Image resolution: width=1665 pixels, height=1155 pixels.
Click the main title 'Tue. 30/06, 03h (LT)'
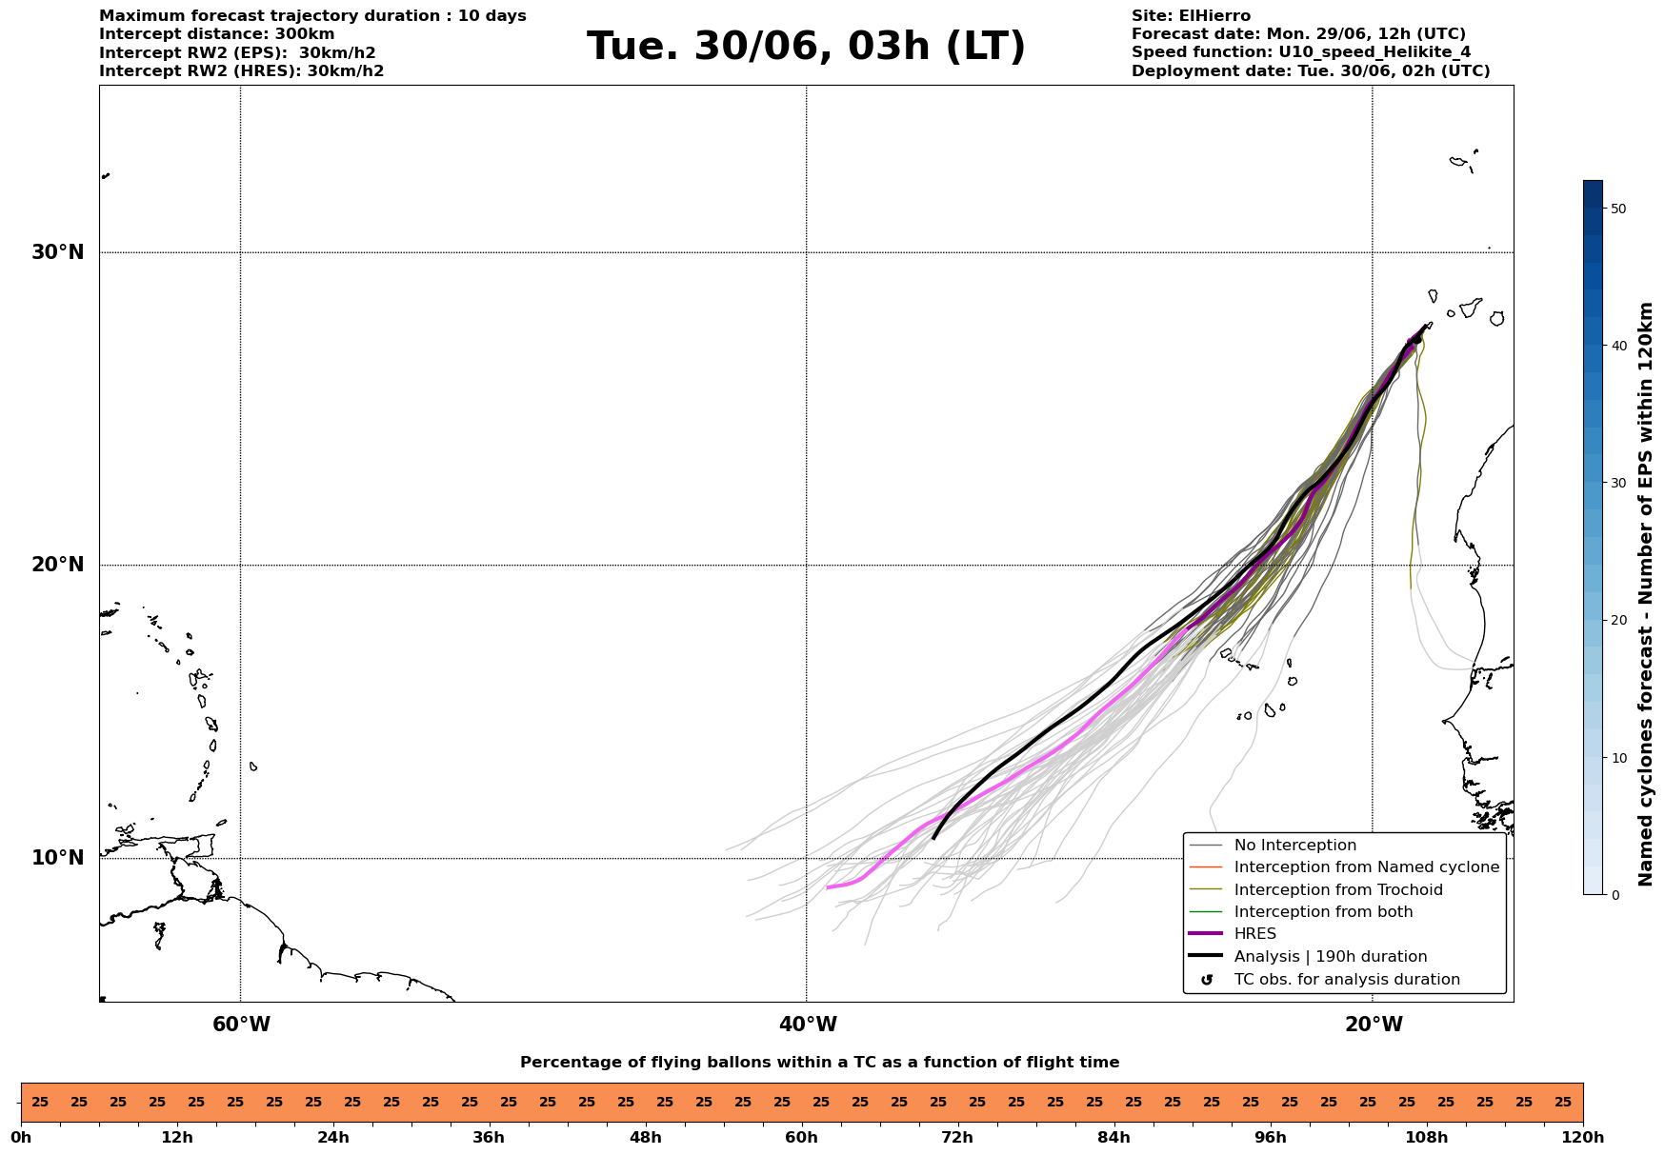806,47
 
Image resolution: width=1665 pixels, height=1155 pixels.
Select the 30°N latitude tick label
58,252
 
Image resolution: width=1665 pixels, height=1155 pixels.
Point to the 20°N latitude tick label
58,565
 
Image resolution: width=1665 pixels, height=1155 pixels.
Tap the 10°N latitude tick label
58,858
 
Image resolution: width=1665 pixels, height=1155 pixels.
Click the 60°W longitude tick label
241,1025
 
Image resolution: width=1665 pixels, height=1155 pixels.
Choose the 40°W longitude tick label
808,1025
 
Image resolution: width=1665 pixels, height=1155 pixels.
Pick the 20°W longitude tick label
1374,1025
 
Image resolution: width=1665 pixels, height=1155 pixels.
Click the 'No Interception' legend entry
1294,846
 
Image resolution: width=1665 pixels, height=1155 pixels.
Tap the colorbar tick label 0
1614,895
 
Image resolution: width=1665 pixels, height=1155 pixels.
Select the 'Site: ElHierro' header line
1191,16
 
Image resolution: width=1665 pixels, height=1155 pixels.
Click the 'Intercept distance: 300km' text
216,34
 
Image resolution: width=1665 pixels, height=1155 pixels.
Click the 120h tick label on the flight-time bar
1582,1138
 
